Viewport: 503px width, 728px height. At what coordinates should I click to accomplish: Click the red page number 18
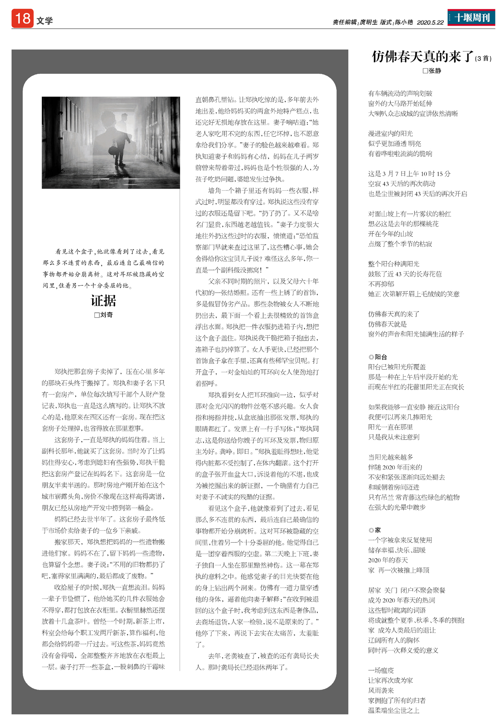(22, 19)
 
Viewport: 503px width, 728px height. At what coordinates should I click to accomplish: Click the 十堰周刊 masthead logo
(471, 18)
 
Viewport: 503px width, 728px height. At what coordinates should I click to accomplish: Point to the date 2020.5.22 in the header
(430, 23)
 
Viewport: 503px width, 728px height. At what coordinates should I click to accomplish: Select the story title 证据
(104, 301)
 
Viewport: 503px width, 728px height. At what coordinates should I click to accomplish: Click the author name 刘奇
(106, 315)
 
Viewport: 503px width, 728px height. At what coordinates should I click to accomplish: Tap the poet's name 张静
(435, 71)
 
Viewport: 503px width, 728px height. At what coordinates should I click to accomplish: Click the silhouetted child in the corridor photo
(116, 161)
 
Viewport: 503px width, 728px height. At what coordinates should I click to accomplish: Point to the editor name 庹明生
(369, 23)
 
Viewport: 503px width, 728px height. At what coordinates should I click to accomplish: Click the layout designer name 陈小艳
(404, 23)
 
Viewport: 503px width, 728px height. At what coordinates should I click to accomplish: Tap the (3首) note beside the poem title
(483, 59)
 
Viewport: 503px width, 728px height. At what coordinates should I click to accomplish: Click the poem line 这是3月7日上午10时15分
(409, 174)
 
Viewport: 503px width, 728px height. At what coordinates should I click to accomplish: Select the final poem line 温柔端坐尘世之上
(394, 710)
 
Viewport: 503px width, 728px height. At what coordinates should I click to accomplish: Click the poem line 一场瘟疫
(381, 670)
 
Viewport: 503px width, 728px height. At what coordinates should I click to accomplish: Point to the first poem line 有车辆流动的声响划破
(400, 93)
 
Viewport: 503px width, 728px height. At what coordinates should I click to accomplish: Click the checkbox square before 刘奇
(97, 315)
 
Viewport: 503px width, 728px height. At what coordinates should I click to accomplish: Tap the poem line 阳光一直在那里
(390, 427)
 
